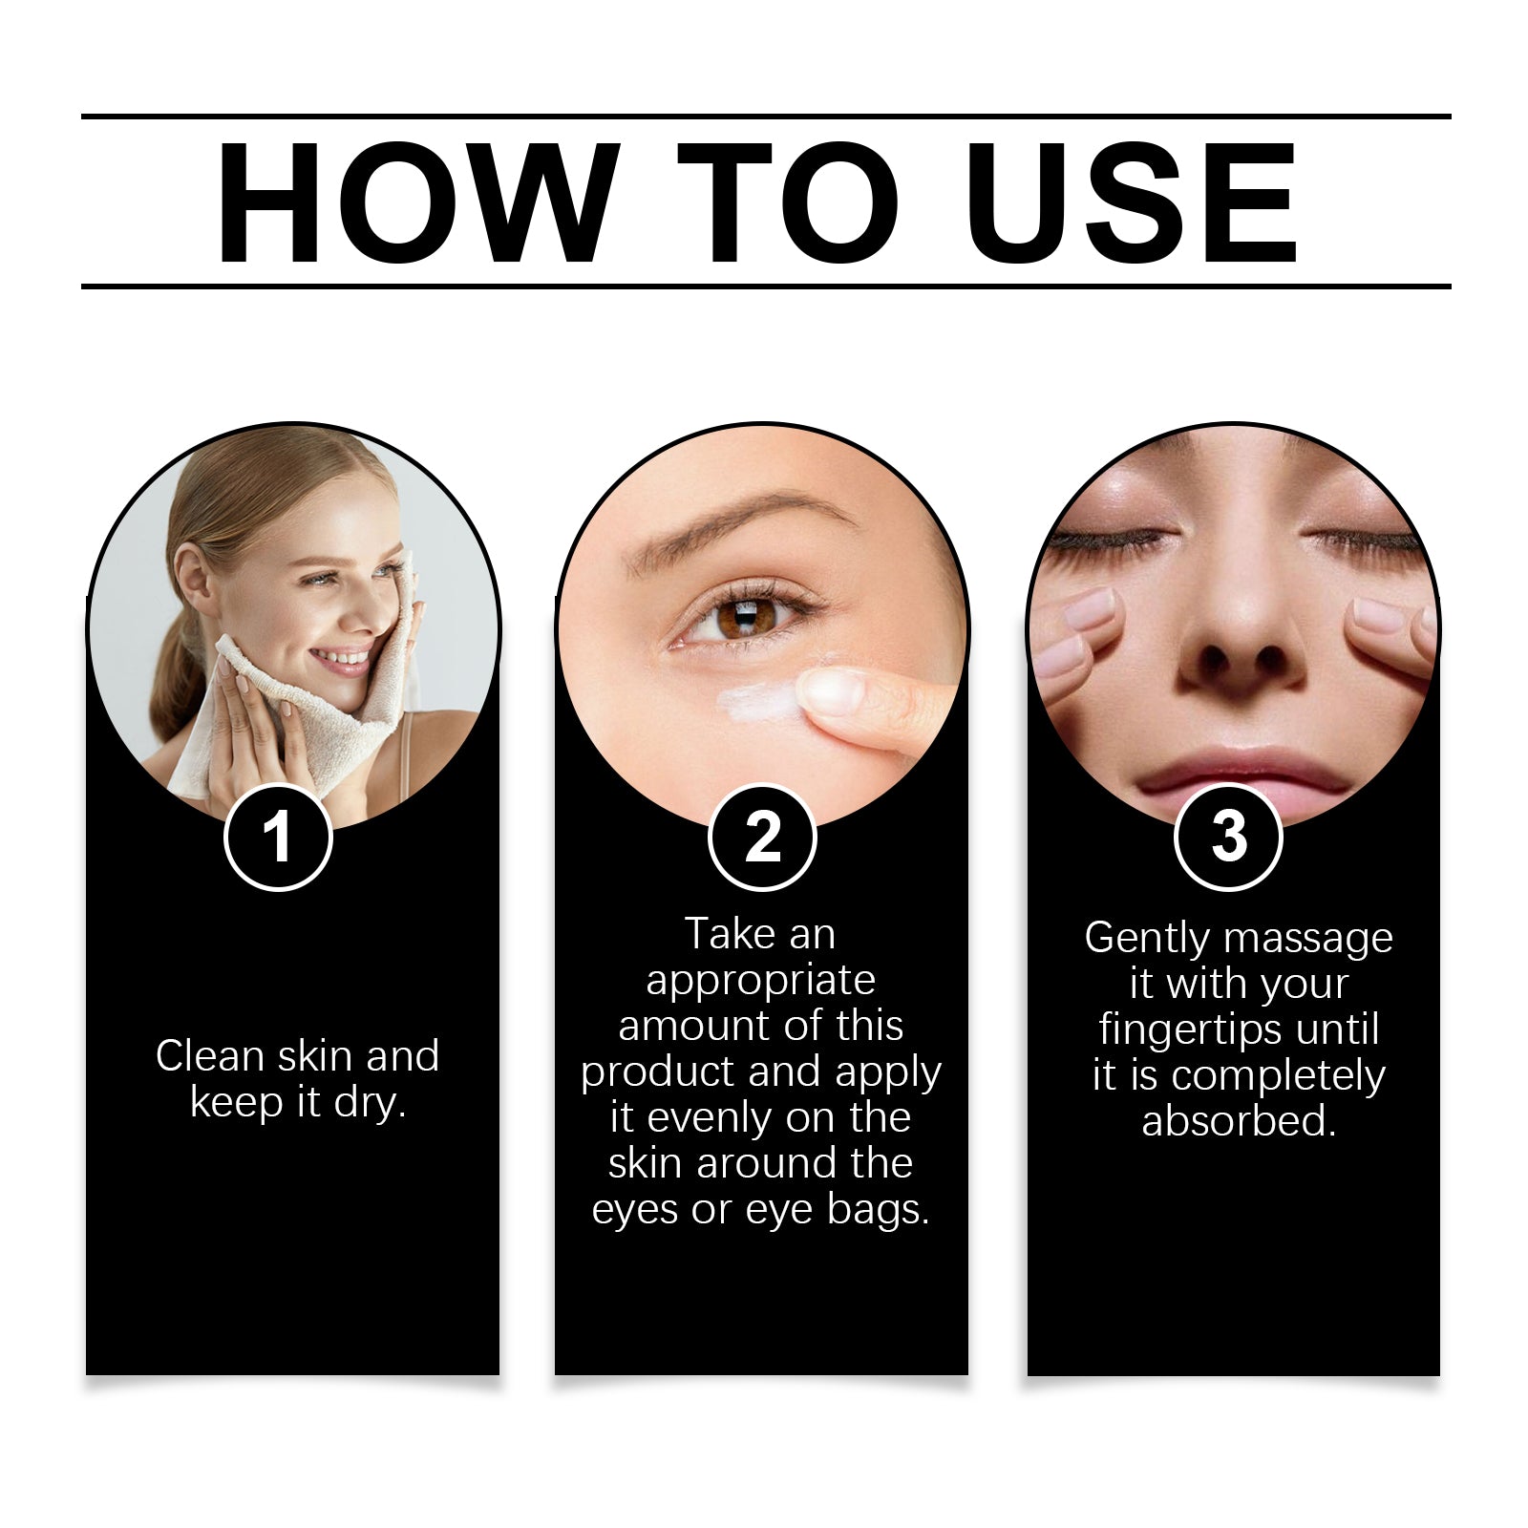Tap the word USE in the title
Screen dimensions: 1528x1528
coord(1132,202)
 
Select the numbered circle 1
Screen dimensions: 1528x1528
coord(278,838)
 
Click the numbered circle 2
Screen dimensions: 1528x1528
coord(762,838)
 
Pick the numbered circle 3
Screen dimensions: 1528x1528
coord(1228,837)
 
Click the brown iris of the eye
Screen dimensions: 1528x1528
coord(742,616)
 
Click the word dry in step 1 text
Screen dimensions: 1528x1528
coord(370,1104)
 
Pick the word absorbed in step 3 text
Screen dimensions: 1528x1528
coord(1239,1120)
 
